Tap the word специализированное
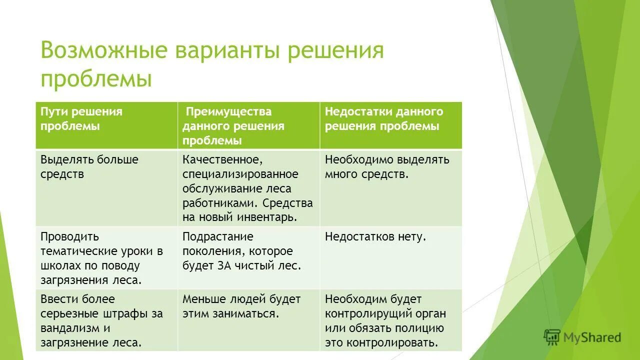click(240, 174)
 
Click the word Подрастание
click(217, 236)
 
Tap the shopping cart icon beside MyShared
click(552, 337)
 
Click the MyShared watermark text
click(591, 338)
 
